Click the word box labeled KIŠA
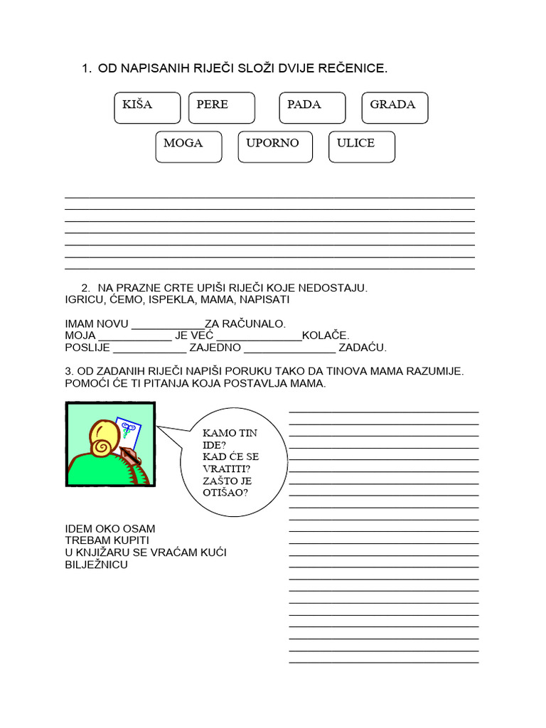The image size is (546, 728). point(146,107)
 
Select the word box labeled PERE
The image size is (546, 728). point(221,107)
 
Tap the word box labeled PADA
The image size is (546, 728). point(312,107)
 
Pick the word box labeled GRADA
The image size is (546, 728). point(395,107)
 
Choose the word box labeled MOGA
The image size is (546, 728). point(188,146)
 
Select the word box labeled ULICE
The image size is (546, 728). point(361,146)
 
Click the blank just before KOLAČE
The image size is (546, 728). point(259,337)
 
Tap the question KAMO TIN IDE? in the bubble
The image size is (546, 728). point(230,439)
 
